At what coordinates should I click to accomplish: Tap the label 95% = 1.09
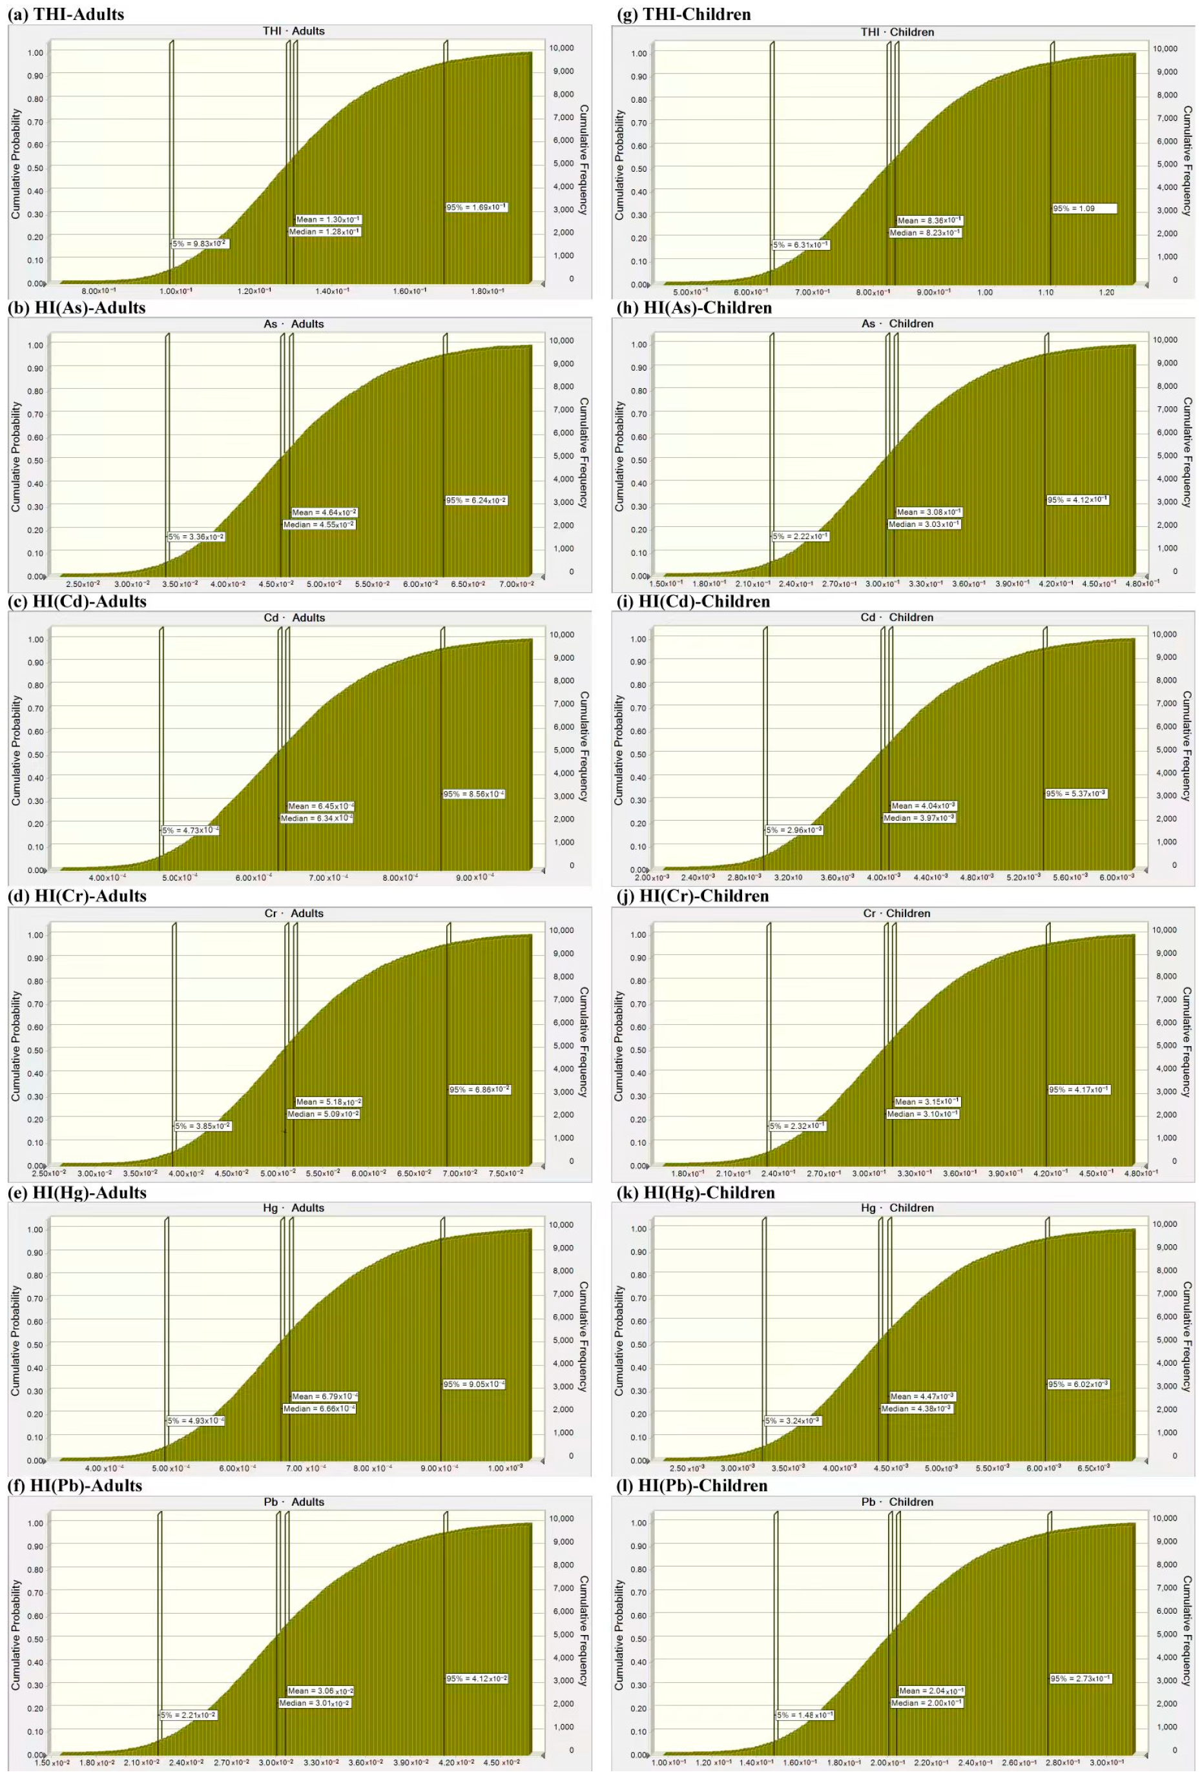click(1083, 208)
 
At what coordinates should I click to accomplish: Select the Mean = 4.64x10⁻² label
click(324, 512)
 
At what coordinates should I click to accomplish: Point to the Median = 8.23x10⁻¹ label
click(925, 232)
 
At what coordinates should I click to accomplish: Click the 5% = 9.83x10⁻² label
click(200, 243)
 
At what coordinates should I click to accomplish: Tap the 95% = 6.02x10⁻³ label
click(1078, 1384)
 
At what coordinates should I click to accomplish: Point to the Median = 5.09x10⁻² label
click(323, 1114)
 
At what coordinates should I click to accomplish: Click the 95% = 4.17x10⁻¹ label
click(1079, 1089)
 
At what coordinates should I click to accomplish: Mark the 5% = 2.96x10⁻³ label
click(794, 830)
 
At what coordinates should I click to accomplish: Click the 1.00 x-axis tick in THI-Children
click(984, 293)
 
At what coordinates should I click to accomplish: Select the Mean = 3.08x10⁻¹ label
click(929, 512)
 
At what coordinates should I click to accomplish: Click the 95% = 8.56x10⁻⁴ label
click(474, 794)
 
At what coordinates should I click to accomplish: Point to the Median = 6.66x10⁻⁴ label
click(319, 1408)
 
